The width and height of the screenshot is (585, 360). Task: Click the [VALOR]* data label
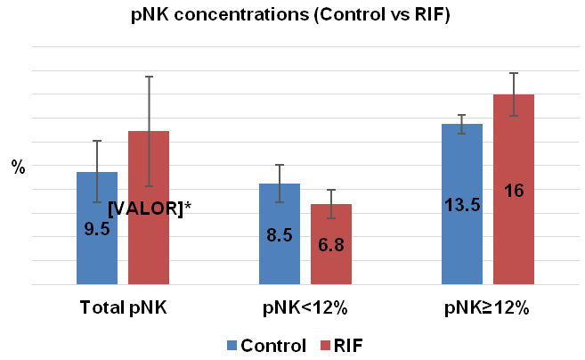point(150,208)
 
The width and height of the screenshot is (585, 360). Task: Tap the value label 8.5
point(280,236)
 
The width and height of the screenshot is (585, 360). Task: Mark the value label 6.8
point(331,245)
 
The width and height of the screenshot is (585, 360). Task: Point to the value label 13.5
point(462,205)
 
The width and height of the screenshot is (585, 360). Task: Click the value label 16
point(514,190)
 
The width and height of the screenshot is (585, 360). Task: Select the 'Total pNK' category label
point(123,309)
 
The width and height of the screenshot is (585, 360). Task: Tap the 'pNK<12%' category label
point(305,309)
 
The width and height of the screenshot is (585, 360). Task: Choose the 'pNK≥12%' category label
point(488,309)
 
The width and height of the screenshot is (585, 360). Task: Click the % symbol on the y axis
point(18,167)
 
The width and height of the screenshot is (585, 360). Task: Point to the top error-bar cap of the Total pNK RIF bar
point(149,77)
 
